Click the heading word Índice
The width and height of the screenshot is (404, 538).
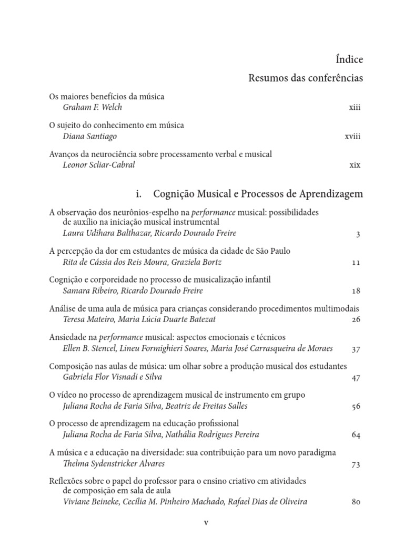click(x=349, y=59)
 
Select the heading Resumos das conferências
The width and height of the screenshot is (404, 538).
click(x=305, y=79)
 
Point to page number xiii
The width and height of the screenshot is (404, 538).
click(x=355, y=108)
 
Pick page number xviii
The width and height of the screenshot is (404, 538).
click(x=352, y=137)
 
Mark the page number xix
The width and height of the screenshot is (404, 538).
click(x=355, y=165)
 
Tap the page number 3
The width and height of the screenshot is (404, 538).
click(x=358, y=234)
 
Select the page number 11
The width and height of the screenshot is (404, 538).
click(x=356, y=262)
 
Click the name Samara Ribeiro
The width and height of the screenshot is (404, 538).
click(x=88, y=291)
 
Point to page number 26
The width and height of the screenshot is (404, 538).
click(x=355, y=319)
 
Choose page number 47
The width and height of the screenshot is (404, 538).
click(x=355, y=377)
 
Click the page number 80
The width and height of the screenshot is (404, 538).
click(x=355, y=502)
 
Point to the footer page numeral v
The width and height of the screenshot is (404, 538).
click(x=206, y=523)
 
